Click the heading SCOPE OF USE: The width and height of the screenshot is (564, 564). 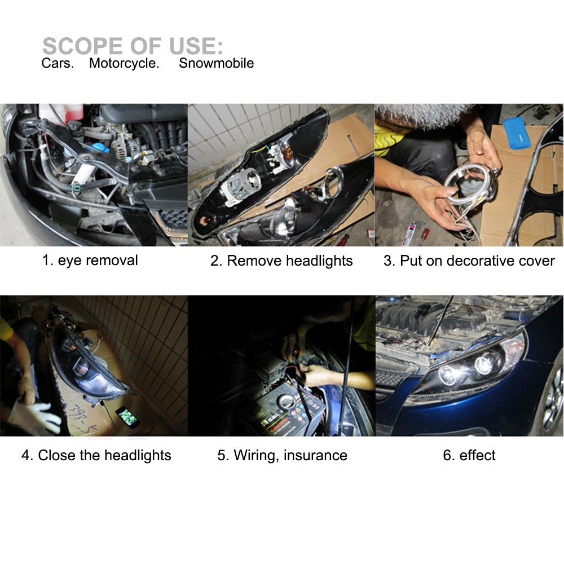click(x=133, y=46)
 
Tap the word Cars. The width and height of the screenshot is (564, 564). click(x=58, y=63)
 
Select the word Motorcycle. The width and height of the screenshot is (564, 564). click(x=124, y=63)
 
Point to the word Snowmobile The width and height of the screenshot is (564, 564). click(x=216, y=63)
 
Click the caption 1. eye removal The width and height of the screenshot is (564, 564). click(x=90, y=261)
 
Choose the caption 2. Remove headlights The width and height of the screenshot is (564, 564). click(x=281, y=261)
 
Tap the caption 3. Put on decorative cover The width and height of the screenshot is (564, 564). click(x=469, y=261)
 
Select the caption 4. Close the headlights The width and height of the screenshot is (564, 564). click(x=96, y=455)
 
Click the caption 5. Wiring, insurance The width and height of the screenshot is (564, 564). click(x=282, y=455)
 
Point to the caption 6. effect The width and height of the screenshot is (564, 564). click(x=469, y=455)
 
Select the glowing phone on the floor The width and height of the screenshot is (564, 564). click(x=127, y=417)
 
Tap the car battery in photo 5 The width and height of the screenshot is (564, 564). click(x=289, y=410)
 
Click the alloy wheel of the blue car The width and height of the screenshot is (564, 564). click(x=553, y=399)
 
